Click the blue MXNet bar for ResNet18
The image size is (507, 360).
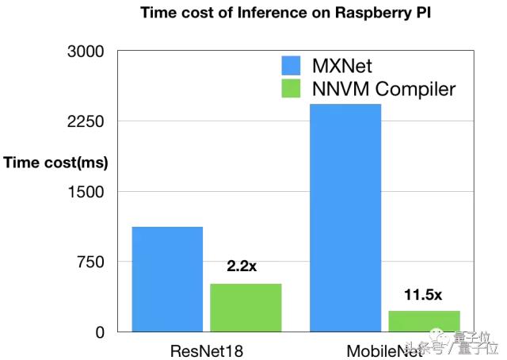point(167,278)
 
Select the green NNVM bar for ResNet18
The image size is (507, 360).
point(246,307)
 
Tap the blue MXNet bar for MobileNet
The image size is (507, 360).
point(345,217)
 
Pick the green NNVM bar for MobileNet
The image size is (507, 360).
point(423,320)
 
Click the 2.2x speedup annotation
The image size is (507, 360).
point(242,266)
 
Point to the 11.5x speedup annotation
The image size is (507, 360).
point(422,294)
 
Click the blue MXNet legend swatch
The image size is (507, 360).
point(297,64)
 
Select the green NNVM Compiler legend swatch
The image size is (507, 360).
point(297,88)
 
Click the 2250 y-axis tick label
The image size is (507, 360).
point(88,121)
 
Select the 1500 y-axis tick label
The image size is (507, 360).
point(88,192)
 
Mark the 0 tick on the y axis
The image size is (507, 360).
point(100,332)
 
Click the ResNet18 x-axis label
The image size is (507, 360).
point(206,350)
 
